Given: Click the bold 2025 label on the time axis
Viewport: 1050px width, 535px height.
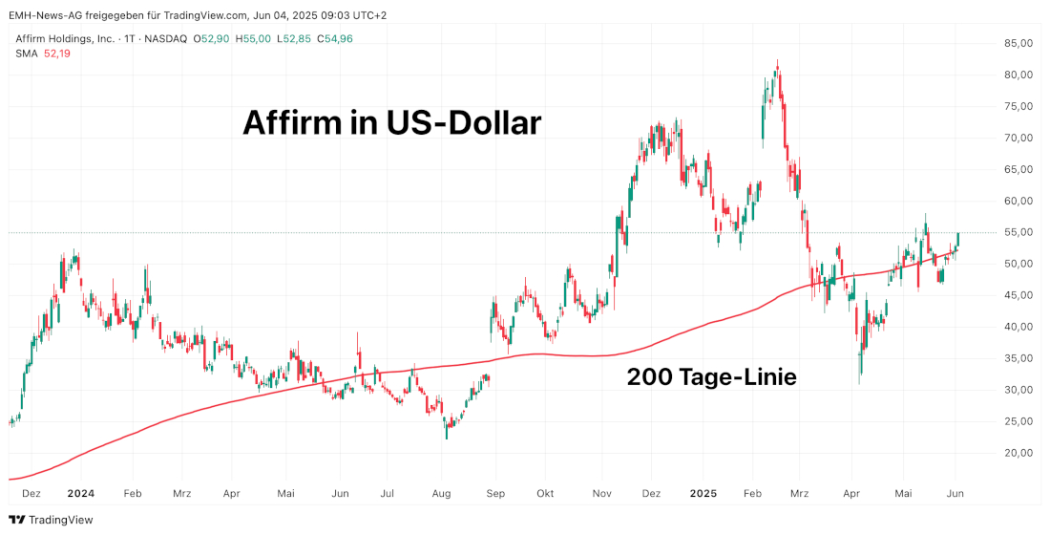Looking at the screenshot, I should (703, 494).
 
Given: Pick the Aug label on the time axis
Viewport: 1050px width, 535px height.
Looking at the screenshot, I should (440, 494).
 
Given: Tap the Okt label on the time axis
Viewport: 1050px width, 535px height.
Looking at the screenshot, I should (545, 494).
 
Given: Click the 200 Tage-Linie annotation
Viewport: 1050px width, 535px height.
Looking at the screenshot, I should (711, 377).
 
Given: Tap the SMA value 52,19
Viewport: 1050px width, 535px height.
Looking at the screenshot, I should (57, 53).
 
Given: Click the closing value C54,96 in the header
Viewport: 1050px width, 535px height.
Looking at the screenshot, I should (335, 38).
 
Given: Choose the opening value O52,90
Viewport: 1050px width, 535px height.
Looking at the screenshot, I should (211, 38).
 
